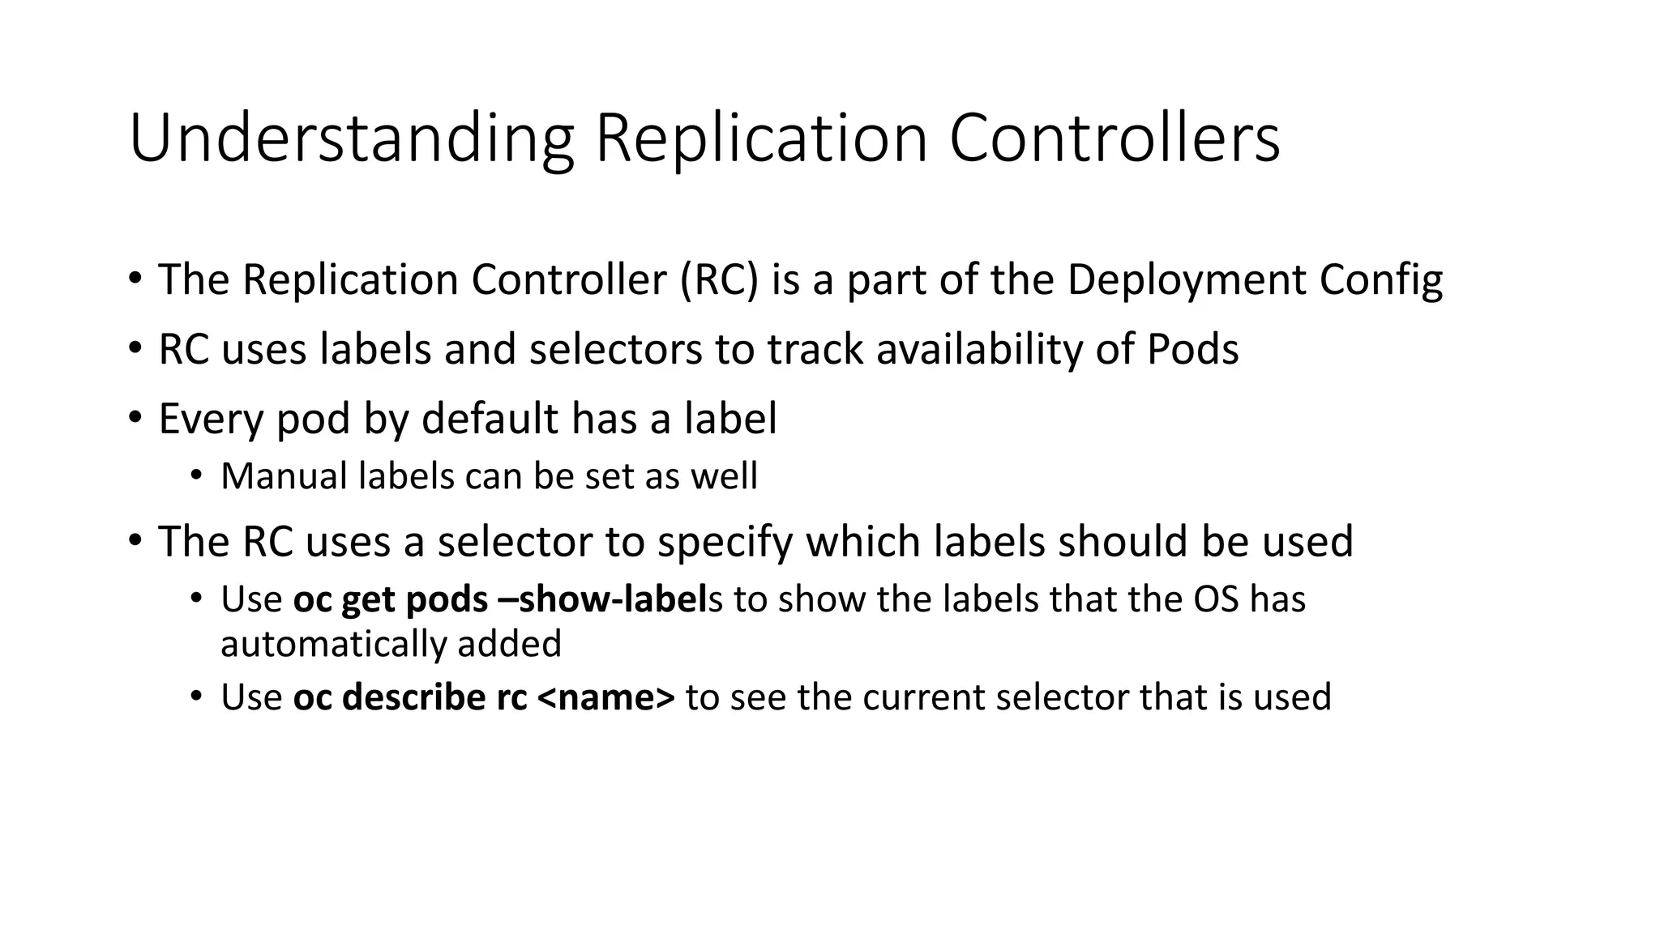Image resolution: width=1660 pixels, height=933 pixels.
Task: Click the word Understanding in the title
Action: click(x=351, y=139)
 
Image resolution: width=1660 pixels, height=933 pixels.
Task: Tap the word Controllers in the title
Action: click(x=1115, y=139)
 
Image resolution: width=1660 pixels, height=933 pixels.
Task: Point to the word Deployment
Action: click(x=1187, y=280)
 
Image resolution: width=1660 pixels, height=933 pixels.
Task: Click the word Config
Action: click(x=1381, y=280)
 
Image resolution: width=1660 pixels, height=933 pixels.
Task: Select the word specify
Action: click(x=725, y=543)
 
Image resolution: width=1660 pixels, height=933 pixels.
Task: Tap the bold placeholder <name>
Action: click(x=605, y=698)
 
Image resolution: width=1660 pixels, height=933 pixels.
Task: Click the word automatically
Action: click(x=333, y=645)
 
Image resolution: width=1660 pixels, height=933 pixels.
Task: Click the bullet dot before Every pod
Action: click(x=135, y=418)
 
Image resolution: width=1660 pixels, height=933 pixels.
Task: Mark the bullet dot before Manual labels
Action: click(x=195, y=475)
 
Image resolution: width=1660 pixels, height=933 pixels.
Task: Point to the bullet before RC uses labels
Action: click(x=135, y=348)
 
